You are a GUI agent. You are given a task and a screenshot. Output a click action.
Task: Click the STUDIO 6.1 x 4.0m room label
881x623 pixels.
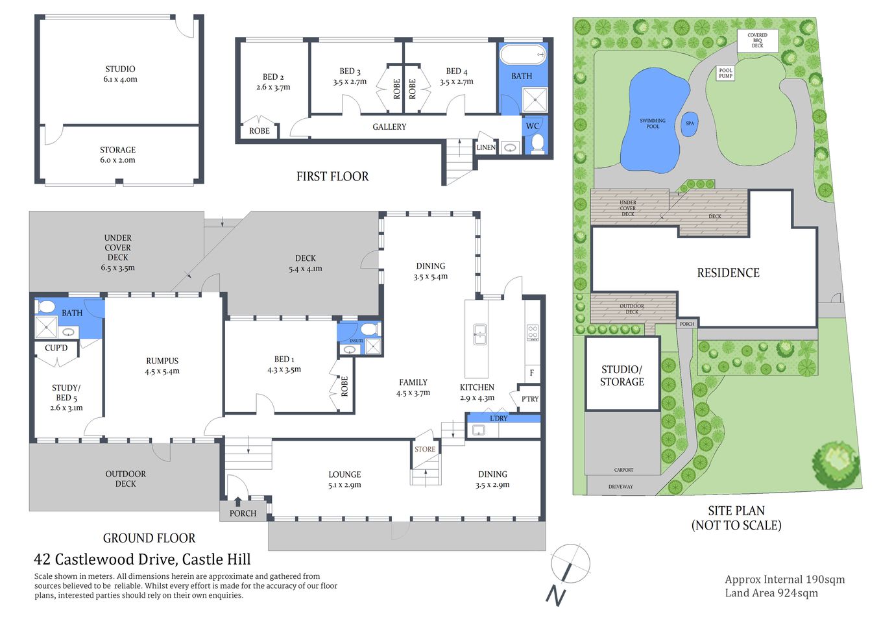click(x=120, y=74)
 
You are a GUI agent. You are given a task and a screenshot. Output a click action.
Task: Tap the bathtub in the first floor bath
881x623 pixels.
click(x=522, y=55)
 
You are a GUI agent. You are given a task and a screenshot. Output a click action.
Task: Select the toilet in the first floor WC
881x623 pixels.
click(x=537, y=143)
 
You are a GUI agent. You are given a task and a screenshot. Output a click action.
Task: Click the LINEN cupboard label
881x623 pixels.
click(x=486, y=147)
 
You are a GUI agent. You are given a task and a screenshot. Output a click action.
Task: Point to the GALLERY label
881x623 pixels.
click(x=389, y=127)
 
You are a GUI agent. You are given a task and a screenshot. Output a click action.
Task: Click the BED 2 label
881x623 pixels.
click(x=273, y=82)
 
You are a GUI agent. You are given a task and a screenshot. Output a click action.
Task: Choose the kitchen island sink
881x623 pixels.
click(x=479, y=335)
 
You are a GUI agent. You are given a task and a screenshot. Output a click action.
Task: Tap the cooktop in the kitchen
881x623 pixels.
click(x=533, y=332)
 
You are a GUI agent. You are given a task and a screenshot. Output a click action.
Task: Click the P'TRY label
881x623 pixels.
click(x=530, y=399)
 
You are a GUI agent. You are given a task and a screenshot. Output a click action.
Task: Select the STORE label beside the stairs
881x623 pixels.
click(x=425, y=449)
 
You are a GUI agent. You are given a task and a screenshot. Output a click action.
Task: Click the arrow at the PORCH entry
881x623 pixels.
click(x=238, y=501)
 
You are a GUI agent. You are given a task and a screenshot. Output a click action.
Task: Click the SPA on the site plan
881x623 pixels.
click(x=690, y=123)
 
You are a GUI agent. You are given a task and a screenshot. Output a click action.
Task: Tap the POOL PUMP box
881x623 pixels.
click(x=725, y=73)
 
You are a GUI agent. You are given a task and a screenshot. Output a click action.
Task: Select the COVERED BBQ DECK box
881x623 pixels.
click(x=757, y=40)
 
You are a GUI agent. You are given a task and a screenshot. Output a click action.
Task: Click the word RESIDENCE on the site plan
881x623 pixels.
click(x=728, y=273)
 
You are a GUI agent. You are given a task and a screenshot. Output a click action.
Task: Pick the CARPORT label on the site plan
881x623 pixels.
click(x=623, y=470)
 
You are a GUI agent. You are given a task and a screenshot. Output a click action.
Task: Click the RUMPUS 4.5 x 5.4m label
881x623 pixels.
click(x=162, y=366)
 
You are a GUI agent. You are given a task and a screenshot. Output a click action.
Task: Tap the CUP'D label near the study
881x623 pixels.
click(x=56, y=348)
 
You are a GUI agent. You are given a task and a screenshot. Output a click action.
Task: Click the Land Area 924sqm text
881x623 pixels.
click(x=771, y=592)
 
